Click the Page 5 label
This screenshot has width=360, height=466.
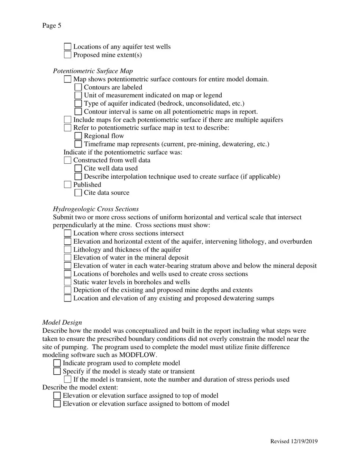pyautogui.click(x=52, y=26)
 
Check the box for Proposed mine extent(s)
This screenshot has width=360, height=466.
pyautogui.click(x=67, y=55)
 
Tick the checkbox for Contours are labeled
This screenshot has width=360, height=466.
pyautogui.click(x=78, y=87)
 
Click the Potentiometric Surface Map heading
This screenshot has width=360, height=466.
pyautogui.click(x=93, y=71)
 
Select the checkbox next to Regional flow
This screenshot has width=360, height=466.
pyautogui.click(x=78, y=136)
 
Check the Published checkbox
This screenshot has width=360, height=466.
pyautogui.click(x=67, y=185)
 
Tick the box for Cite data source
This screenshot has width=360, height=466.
pyautogui.click(x=78, y=193)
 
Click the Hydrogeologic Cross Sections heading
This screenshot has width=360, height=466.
pyautogui.click(x=95, y=209)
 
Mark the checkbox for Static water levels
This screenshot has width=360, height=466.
pyautogui.click(x=67, y=282)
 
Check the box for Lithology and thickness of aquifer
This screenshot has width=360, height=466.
pyautogui.click(x=67, y=250)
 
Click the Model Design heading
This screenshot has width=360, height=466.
pyautogui.click(x=62, y=322)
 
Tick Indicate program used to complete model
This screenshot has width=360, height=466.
pyautogui.click(x=57, y=363)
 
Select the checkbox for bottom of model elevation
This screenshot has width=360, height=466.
pyautogui.click(x=57, y=404)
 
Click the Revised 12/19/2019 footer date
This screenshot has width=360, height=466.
pyautogui.click(x=294, y=441)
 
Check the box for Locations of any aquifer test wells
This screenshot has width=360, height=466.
pyautogui.click(x=67, y=47)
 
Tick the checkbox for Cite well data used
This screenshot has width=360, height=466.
pyautogui.click(x=78, y=168)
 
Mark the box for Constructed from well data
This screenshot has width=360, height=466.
pyautogui.click(x=67, y=160)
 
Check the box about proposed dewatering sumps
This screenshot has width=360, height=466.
pyautogui.click(x=67, y=298)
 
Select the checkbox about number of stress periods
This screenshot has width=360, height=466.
pyautogui.click(x=67, y=380)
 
